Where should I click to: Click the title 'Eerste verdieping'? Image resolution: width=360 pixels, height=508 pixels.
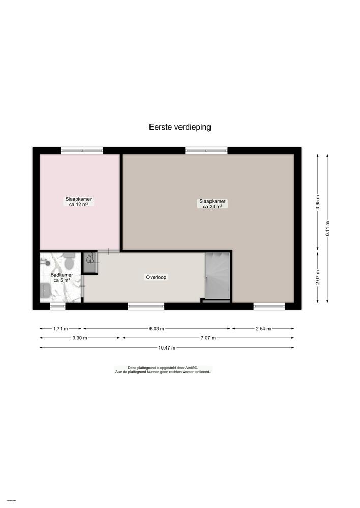179,128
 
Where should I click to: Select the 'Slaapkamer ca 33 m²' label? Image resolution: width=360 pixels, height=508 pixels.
213,204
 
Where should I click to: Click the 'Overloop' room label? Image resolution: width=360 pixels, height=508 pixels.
157,277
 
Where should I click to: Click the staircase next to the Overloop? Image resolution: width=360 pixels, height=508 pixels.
217,276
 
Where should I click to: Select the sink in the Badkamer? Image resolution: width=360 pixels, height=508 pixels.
45,291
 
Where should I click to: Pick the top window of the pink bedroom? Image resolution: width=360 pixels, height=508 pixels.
82,150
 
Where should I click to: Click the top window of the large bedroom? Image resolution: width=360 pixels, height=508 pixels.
206,150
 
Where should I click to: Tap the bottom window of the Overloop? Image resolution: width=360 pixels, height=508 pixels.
146,306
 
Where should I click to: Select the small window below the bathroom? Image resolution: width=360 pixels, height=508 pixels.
57,306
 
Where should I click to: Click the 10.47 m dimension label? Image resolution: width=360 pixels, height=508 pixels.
166,348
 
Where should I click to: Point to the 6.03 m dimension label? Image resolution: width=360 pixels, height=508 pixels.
157,329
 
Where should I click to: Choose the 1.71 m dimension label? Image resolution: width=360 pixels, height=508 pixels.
61,329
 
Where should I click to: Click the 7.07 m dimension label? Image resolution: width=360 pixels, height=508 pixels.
207,338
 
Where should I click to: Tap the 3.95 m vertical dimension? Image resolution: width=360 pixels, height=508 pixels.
318,202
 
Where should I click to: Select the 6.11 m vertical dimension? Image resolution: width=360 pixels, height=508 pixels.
327,228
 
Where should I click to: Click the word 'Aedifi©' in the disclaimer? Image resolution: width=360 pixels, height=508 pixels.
191,367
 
